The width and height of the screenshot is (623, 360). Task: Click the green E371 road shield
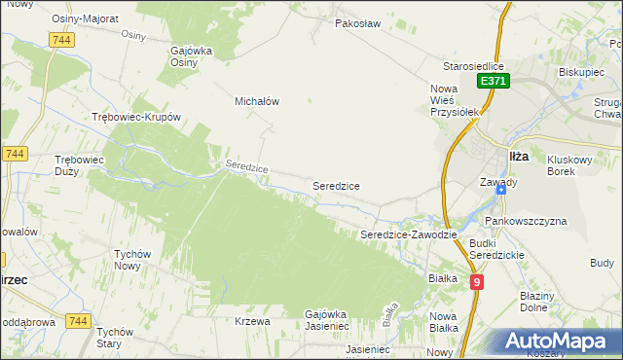click(x=493, y=83)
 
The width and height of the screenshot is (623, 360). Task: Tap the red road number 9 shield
click(x=476, y=282)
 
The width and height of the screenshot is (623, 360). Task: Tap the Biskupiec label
click(x=583, y=72)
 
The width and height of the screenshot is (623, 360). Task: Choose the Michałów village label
click(x=257, y=100)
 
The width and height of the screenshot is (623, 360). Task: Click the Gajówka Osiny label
click(x=198, y=56)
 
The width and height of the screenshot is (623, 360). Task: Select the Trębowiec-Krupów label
click(x=136, y=117)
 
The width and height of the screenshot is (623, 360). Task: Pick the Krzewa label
click(x=251, y=321)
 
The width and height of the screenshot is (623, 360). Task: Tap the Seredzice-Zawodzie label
click(x=409, y=235)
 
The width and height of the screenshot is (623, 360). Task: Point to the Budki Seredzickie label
click(x=496, y=248)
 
